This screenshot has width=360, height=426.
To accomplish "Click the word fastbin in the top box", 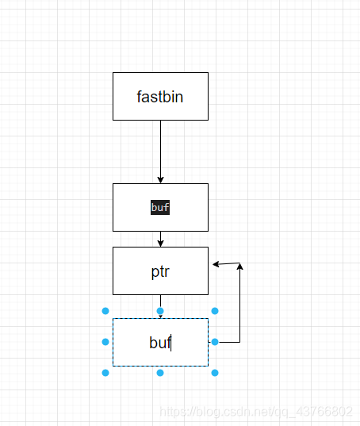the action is pyautogui.click(x=160, y=97).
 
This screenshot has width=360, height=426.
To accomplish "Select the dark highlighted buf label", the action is pyautogui.click(x=160, y=207).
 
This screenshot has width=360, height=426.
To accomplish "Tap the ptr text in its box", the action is pyautogui.click(x=160, y=271).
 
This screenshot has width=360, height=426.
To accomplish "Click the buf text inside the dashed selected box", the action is pyautogui.click(x=160, y=343).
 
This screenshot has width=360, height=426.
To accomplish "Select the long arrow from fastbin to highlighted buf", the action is pyautogui.click(x=160, y=152).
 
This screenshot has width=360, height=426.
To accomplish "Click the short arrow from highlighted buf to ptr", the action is pyautogui.click(x=160, y=239).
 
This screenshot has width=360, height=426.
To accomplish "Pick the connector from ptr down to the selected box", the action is pyautogui.click(x=160, y=306).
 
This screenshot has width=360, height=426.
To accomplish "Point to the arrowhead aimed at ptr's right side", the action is pyautogui.click(x=216, y=264).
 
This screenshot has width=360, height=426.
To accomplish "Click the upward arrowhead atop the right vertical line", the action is pyautogui.click(x=239, y=267).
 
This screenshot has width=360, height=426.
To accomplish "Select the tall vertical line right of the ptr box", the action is pyautogui.click(x=239, y=303).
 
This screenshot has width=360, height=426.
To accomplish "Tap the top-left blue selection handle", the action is pyautogui.click(x=105, y=311).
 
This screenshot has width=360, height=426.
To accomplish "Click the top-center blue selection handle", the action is pyautogui.click(x=160, y=311).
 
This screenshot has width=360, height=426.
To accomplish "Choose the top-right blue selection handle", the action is pyautogui.click(x=215, y=311).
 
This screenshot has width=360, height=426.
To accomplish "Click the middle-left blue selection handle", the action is pyautogui.click(x=105, y=342).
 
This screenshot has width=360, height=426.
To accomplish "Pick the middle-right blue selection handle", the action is pyautogui.click(x=215, y=342).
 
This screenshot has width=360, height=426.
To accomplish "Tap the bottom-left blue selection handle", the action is pyautogui.click(x=105, y=373).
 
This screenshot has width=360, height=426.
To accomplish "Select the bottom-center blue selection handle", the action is pyautogui.click(x=160, y=373).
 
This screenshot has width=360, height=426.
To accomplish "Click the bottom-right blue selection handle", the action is pyautogui.click(x=215, y=373).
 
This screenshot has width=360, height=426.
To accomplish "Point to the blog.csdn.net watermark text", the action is pyautogui.click(x=256, y=412).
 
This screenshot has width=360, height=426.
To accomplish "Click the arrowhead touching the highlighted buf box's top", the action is pyautogui.click(x=160, y=180).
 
